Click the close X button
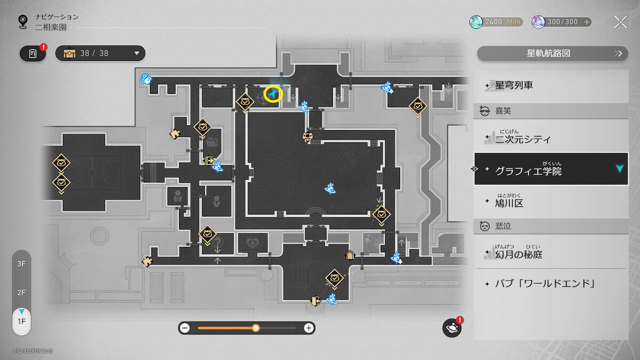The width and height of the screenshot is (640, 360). click(x=620, y=22)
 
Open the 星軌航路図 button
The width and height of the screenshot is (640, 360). click(x=552, y=53)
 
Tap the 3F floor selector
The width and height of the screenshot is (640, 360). click(x=21, y=264)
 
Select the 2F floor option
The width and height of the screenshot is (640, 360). click(x=21, y=292)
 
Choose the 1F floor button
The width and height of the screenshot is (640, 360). click(x=21, y=322)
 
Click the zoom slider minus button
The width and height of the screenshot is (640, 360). click(x=185, y=328)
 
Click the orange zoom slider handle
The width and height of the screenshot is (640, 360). click(x=256, y=328)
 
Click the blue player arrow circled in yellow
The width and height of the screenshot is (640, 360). click(x=273, y=95)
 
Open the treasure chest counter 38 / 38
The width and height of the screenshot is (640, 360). click(x=100, y=53)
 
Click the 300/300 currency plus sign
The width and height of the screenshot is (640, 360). click(x=587, y=22)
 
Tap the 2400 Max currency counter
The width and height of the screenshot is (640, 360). click(x=496, y=22)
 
